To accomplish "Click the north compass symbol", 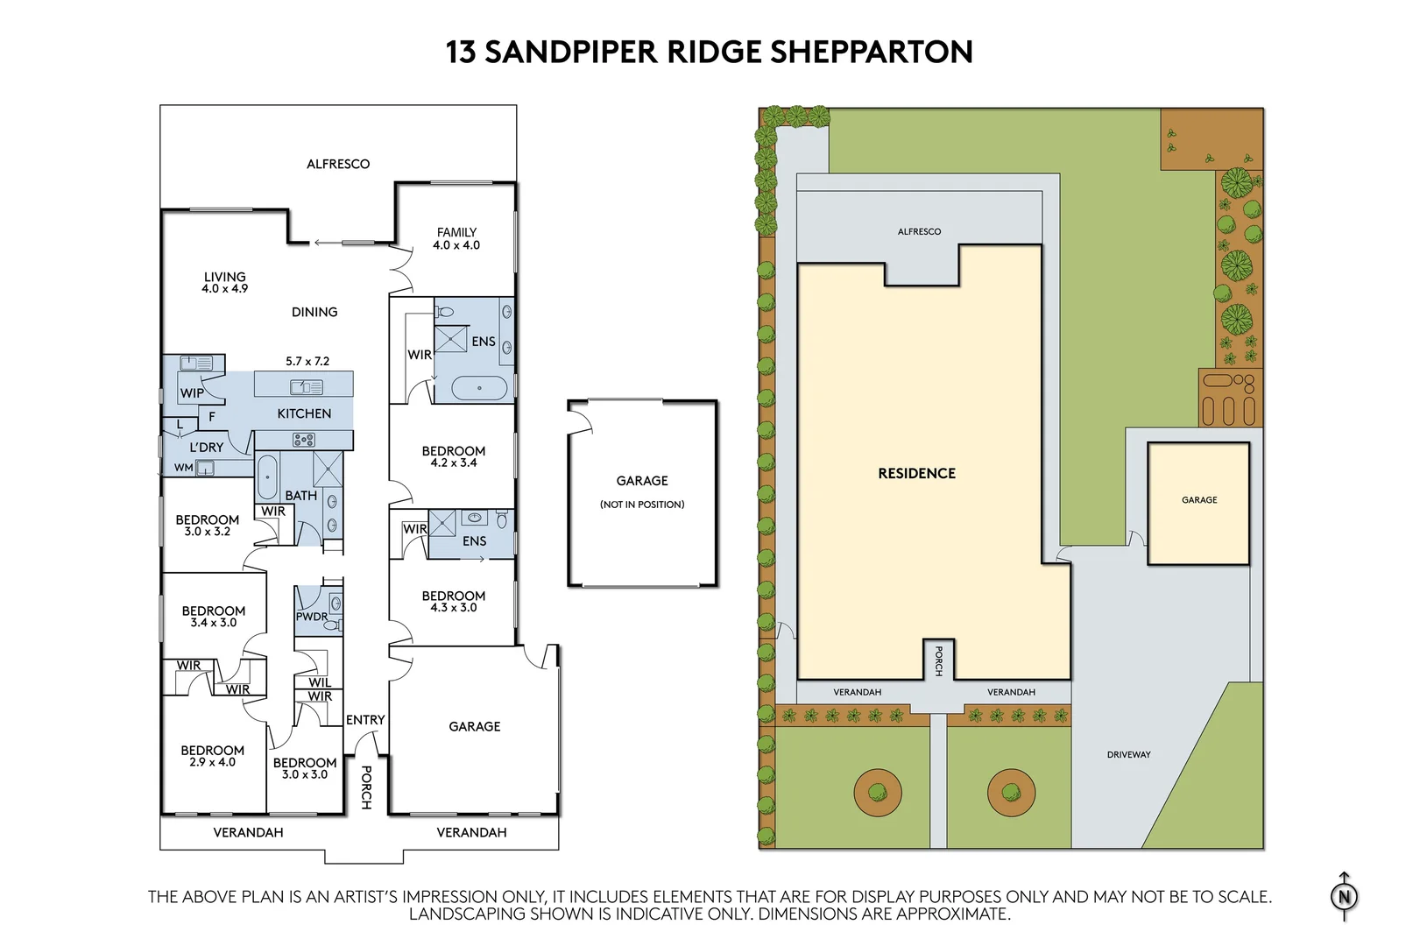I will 1344,896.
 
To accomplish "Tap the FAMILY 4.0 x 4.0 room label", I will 456,238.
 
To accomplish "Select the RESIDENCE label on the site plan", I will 916,473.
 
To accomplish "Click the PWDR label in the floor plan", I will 311,617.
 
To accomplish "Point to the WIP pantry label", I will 192,393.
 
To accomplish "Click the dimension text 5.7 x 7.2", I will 307,361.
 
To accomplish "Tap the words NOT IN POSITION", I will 642,505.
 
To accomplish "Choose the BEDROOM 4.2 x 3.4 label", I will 453,456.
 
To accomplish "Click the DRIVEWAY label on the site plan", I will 1128,754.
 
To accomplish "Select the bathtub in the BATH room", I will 267,477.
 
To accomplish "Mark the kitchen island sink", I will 306,386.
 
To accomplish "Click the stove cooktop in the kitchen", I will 304,440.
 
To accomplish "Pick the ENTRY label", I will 365,720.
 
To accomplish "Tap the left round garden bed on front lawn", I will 877,793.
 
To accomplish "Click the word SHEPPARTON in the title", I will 871,52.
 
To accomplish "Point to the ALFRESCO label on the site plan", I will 919,231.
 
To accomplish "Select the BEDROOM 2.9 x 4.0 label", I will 212,756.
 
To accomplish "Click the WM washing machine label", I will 183,468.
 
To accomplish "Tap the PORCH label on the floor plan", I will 366,787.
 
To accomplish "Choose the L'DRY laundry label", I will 207,447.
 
